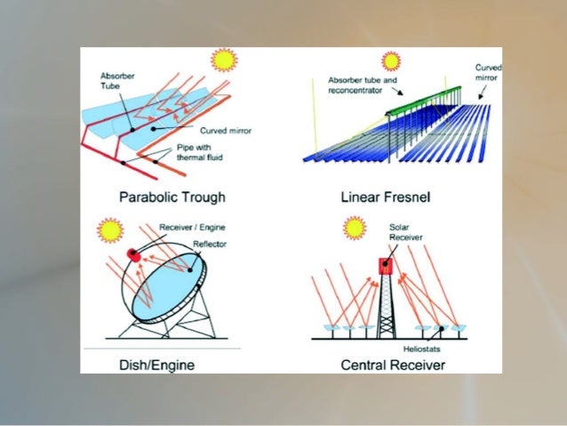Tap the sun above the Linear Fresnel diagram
coord(391,60)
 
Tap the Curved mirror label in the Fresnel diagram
coord(487,73)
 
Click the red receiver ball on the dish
coord(134,256)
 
